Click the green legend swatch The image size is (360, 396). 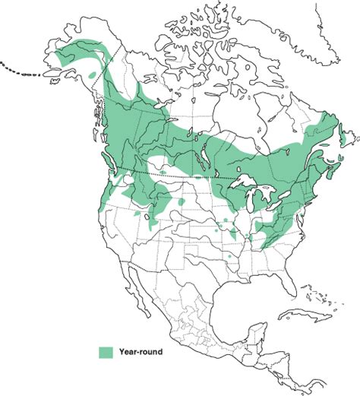click(106, 352)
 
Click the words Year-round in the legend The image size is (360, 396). click(141, 352)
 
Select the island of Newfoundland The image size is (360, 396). click(344, 141)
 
